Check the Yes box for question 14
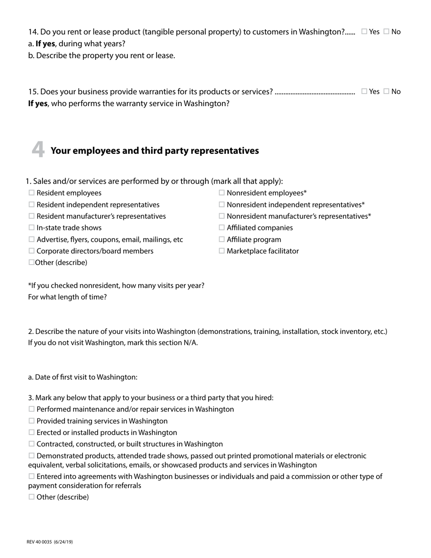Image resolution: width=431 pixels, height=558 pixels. (x=364, y=32)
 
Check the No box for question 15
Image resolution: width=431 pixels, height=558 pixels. (x=387, y=91)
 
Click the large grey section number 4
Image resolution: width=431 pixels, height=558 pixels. (x=38, y=150)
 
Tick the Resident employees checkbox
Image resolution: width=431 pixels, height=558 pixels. (x=31, y=193)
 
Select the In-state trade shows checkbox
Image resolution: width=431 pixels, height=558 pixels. (x=31, y=228)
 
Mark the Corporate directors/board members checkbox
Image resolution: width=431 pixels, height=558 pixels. (x=31, y=251)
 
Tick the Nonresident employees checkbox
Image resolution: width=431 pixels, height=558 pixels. (x=222, y=193)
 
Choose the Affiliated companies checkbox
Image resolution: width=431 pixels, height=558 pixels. (x=222, y=228)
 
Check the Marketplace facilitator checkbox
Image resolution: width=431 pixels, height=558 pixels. (x=222, y=251)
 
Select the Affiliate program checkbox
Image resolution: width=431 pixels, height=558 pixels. (x=222, y=240)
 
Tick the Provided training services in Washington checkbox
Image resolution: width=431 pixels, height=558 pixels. (x=31, y=421)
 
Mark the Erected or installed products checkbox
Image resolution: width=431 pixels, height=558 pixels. (x=31, y=432)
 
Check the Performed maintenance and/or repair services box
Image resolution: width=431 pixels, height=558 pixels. (x=31, y=409)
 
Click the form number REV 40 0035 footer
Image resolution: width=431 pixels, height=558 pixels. (x=50, y=542)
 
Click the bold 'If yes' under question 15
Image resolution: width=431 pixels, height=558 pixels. (x=38, y=103)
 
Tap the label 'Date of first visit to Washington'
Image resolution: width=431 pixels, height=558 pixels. (x=83, y=377)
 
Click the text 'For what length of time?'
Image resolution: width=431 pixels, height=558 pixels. (x=68, y=297)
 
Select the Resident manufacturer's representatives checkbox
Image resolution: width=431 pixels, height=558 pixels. (x=31, y=216)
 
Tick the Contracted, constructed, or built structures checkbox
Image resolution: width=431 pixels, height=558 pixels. (x=31, y=444)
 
